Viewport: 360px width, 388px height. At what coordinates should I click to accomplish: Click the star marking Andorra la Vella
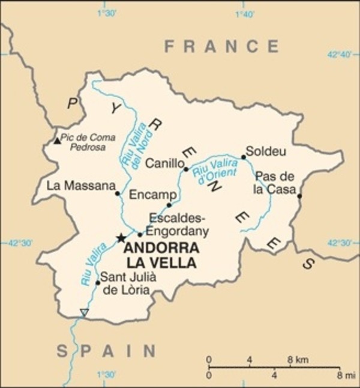point(121,238)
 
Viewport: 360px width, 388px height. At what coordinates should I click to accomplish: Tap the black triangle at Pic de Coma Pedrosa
point(57,141)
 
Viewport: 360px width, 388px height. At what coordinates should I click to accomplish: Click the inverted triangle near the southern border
point(84,312)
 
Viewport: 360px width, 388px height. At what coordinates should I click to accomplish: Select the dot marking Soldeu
point(244,157)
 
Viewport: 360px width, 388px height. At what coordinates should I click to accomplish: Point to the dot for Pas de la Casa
point(299,195)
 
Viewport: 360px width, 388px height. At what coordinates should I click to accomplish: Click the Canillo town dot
point(186,169)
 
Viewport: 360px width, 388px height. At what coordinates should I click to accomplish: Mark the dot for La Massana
point(118,193)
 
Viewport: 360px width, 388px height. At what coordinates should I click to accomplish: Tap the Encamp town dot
point(169,205)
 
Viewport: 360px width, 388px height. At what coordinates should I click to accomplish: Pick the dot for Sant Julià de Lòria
point(98,282)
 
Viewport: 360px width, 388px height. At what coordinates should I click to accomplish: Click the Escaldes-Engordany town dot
point(140,234)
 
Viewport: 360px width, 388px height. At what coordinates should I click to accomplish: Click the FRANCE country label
point(221,46)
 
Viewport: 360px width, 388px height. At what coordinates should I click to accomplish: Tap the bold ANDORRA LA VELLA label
point(160,255)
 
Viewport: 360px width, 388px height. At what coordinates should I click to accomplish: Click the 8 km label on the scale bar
point(298,360)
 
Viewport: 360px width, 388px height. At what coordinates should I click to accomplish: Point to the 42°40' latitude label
point(339,55)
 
